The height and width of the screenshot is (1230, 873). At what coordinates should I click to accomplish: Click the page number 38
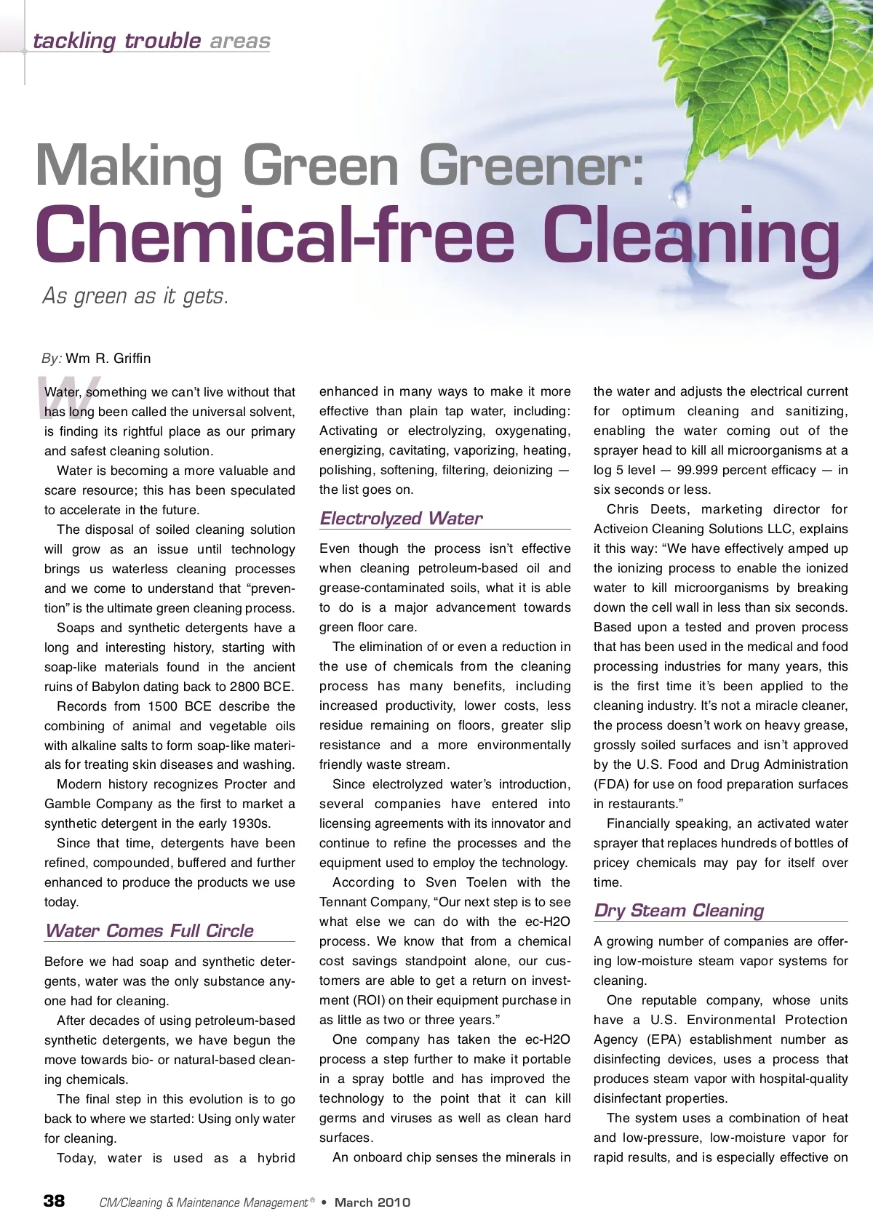(54, 1201)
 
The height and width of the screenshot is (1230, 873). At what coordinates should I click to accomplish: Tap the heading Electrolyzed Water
(401, 518)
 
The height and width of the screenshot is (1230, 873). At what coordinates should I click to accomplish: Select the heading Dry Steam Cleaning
(679, 910)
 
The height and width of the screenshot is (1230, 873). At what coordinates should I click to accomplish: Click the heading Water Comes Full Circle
(149, 930)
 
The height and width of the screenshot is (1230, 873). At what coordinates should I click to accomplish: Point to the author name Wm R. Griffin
(108, 358)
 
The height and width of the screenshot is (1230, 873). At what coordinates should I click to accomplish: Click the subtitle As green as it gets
(135, 296)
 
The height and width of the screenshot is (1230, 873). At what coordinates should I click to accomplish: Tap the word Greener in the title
(531, 166)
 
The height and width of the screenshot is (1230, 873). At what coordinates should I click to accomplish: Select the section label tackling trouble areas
(151, 41)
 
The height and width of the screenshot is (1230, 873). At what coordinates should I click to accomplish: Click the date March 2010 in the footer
(372, 1202)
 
